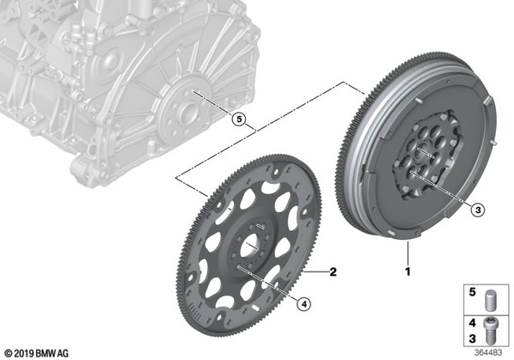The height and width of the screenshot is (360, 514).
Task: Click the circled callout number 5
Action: [x=239, y=119]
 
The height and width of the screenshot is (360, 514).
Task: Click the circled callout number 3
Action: [x=478, y=210]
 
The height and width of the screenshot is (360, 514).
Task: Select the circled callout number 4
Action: [x=303, y=304]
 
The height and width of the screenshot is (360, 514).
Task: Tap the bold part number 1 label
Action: [x=407, y=272]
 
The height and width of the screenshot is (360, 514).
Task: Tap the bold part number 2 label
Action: [x=333, y=272]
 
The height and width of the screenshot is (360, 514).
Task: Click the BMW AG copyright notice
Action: [x=37, y=354]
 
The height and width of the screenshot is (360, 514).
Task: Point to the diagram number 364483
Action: [x=488, y=353]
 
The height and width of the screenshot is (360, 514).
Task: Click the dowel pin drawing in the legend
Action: [x=491, y=300]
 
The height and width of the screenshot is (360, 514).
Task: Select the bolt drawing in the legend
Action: [x=489, y=331]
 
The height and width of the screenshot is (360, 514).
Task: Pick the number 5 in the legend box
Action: [x=472, y=292]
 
